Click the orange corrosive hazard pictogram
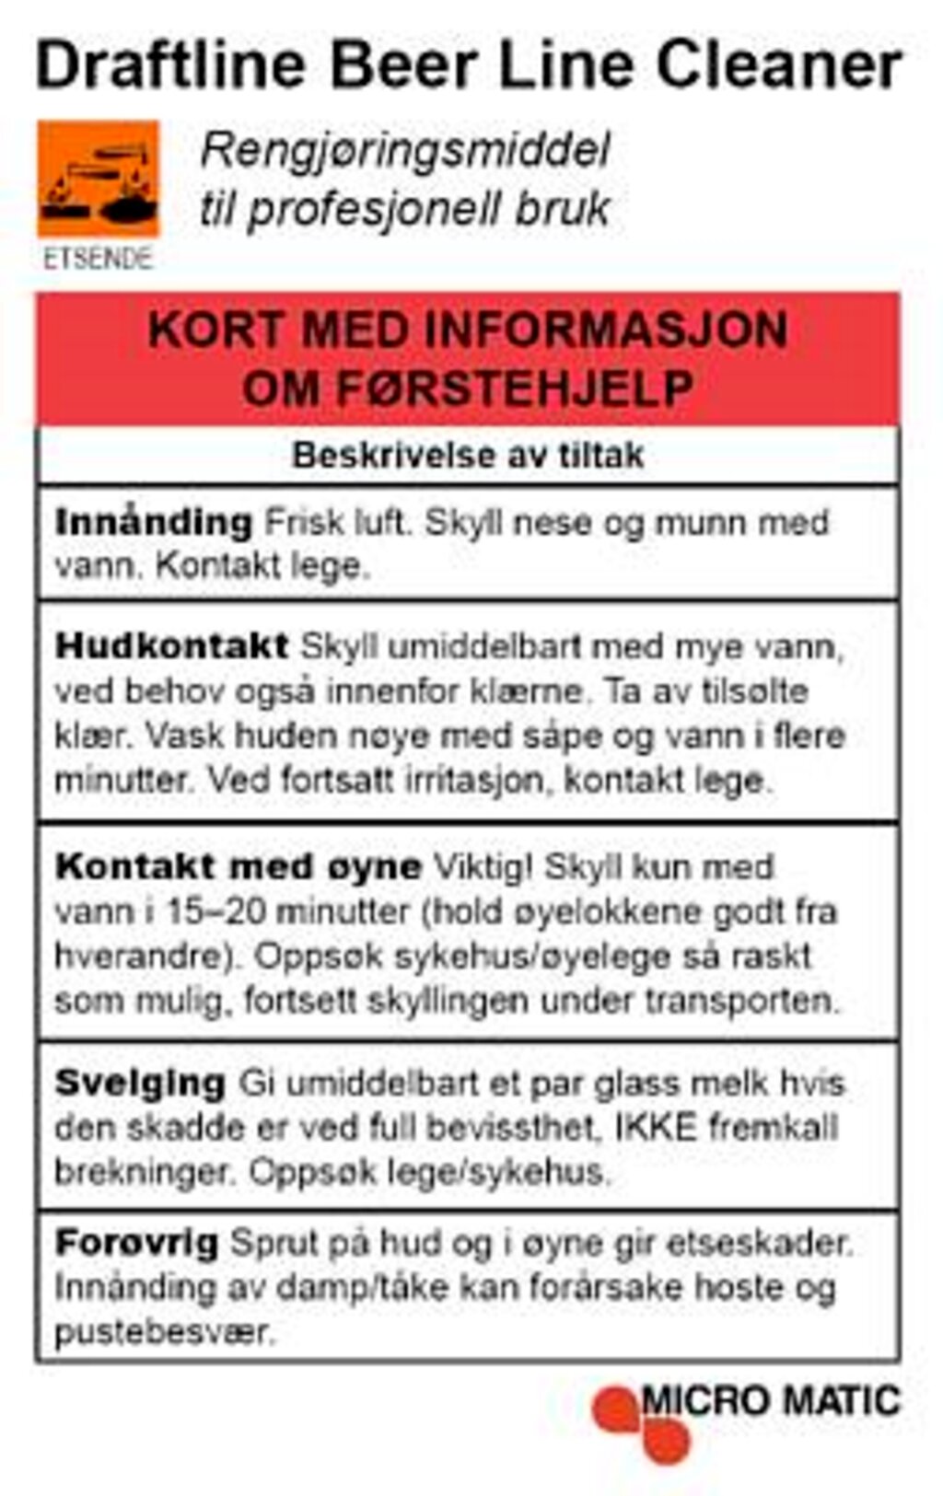click(98, 179)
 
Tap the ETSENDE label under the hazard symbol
click(98, 259)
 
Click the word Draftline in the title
click(170, 66)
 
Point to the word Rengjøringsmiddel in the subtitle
click(405, 150)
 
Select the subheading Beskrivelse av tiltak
click(468, 455)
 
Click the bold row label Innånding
click(153, 523)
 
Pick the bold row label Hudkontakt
click(172, 645)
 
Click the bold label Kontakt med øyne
click(238, 866)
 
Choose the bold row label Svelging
click(140, 1083)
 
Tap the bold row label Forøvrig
click(136, 1243)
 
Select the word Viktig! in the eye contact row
click(483, 866)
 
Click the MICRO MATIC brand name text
click(770, 1401)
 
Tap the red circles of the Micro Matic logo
click(641, 1423)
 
